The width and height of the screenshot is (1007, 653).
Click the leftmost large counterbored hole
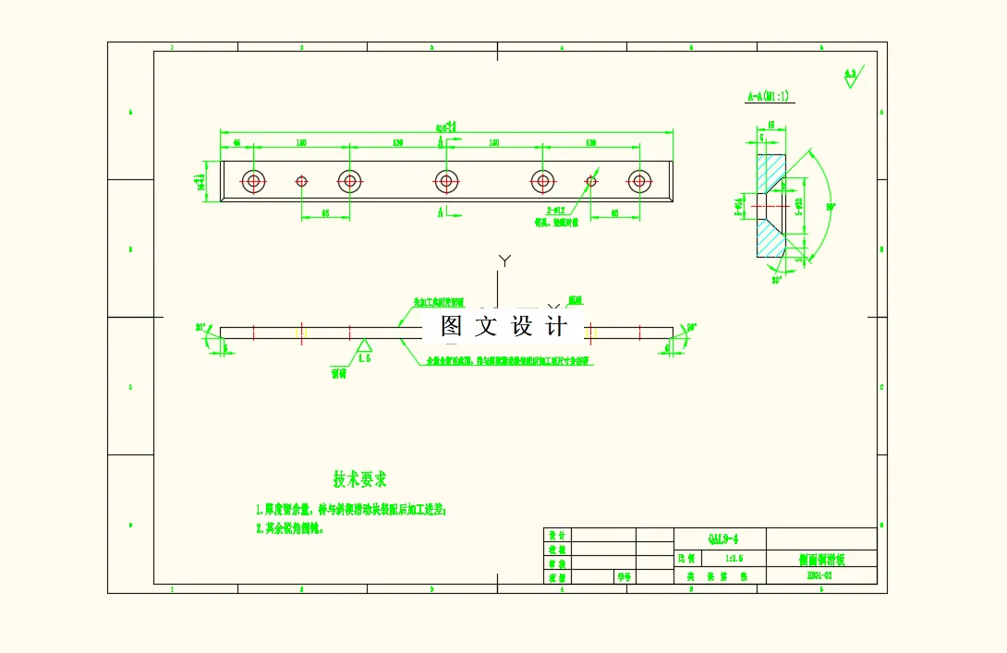pos(253,181)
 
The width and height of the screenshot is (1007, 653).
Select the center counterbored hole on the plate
pos(445,181)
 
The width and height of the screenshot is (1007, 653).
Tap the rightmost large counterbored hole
pos(637,181)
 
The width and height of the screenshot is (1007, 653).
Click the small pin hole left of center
pos(301,181)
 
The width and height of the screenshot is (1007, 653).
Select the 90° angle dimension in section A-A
pos(830,207)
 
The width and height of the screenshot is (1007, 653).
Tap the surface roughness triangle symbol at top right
pos(850,78)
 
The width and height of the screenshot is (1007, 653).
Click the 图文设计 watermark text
pos(503,325)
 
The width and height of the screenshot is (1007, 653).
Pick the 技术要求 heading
pos(359,478)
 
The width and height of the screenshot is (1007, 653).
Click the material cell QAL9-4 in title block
pos(723,538)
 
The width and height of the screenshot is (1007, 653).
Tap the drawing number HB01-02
pos(819,575)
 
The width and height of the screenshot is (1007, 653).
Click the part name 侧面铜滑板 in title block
pos(821,559)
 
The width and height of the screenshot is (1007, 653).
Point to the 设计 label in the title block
pos(556,535)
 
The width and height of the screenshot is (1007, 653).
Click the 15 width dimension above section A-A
pos(770,123)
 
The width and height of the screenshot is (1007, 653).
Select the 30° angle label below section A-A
pos(777,278)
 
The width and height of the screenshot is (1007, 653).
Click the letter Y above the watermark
pos(504,261)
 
